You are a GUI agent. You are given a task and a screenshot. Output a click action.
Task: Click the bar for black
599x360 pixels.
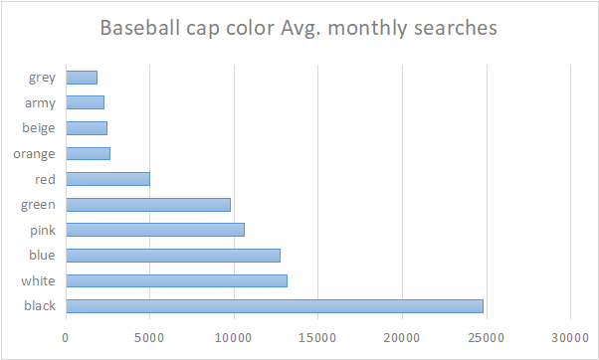(274, 305)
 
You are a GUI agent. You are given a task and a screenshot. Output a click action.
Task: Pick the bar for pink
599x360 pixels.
(155, 230)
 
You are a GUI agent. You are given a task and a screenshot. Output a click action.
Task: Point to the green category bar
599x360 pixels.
(148, 204)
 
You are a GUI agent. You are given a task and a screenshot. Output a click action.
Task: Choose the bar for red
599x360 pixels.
(107, 179)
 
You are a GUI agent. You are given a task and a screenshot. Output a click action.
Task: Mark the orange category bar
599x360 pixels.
(88, 153)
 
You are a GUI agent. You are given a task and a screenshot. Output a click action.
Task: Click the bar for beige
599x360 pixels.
(87, 128)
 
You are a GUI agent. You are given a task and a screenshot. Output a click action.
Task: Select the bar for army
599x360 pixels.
(85, 102)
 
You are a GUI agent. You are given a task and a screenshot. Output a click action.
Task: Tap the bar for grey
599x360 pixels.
(82, 78)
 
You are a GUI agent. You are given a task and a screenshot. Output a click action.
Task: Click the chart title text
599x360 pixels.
(299, 28)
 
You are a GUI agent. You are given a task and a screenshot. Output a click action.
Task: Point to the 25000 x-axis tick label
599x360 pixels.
(486, 337)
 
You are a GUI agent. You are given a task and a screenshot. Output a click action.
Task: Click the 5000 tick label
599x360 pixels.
(149, 337)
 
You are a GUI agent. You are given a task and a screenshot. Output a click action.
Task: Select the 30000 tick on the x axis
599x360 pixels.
(570, 337)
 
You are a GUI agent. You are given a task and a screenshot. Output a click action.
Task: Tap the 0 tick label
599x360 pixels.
(66, 337)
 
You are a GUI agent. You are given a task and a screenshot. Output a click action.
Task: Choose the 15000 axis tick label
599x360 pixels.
(317, 337)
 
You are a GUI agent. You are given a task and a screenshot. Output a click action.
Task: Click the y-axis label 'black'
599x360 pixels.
(40, 305)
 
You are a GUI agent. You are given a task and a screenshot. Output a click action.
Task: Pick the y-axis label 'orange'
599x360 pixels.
(35, 153)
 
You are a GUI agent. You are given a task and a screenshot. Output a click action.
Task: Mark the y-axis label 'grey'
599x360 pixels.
(42, 78)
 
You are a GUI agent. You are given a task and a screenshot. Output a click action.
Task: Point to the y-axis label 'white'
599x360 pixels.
(39, 280)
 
